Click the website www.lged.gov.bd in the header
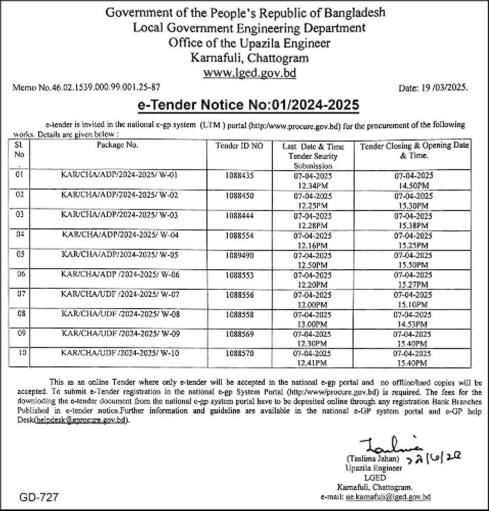[x=249, y=73]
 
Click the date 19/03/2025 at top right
[x=433, y=88]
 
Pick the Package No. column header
[x=118, y=145]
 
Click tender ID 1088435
[x=240, y=176]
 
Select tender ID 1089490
[x=240, y=254]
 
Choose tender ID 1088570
[x=240, y=354]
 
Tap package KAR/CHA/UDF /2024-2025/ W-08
[x=121, y=314]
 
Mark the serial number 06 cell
[x=20, y=274]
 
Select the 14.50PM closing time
[x=414, y=185]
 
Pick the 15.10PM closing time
[x=414, y=304]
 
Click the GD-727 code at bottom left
[x=39, y=497]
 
